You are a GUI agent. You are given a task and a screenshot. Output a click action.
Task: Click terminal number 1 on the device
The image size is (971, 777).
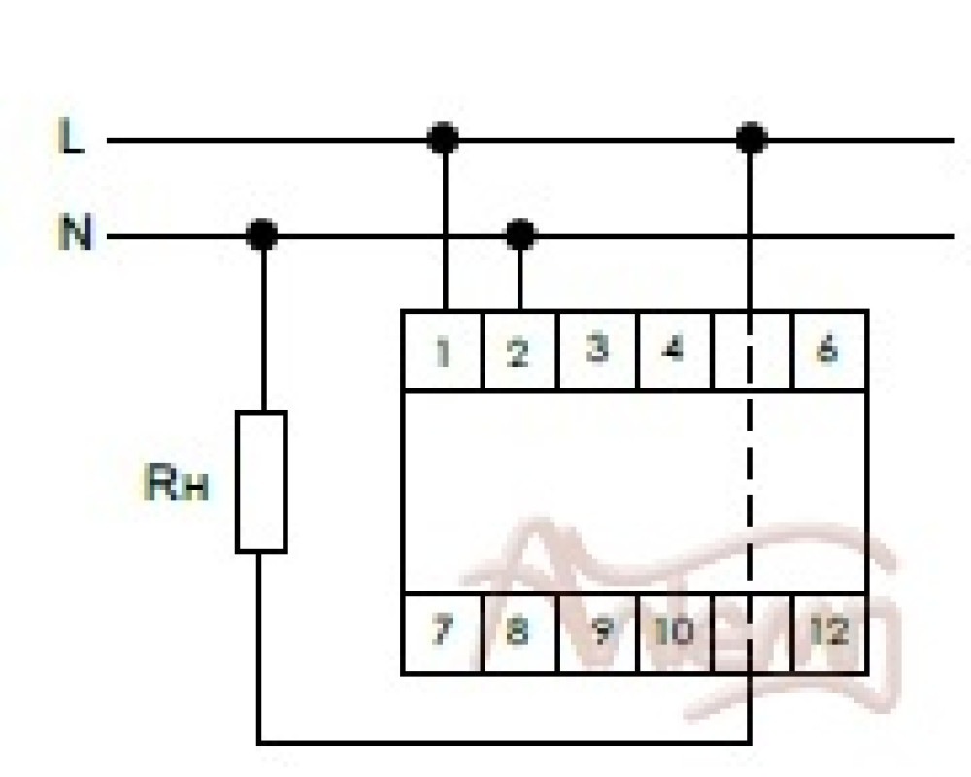click(x=443, y=351)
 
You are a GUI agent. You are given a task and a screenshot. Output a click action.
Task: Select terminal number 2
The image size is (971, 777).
click(x=519, y=351)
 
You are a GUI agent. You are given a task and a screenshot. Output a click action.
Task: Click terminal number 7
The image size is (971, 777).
click(x=443, y=632)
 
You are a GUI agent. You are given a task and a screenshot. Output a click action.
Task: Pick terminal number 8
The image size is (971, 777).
click(x=519, y=632)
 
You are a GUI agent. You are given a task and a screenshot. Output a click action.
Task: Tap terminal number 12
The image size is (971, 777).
click(x=828, y=632)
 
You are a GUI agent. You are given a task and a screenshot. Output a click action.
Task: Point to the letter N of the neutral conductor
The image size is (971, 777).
click(x=74, y=234)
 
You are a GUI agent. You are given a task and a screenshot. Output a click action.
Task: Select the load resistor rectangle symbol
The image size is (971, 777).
click(x=261, y=482)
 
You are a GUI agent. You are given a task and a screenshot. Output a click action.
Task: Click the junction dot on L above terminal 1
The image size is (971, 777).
click(x=444, y=140)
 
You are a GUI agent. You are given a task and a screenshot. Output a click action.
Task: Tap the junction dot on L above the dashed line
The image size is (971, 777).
click(x=751, y=140)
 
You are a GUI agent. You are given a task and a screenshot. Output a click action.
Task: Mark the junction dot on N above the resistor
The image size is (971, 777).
click(x=261, y=234)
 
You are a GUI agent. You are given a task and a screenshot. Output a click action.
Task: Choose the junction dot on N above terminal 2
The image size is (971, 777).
click(x=520, y=234)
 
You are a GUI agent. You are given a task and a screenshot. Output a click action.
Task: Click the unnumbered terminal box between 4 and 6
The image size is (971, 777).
click(x=753, y=350)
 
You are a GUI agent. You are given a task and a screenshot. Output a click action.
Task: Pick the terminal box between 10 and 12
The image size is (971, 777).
click(x=753, y=632)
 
